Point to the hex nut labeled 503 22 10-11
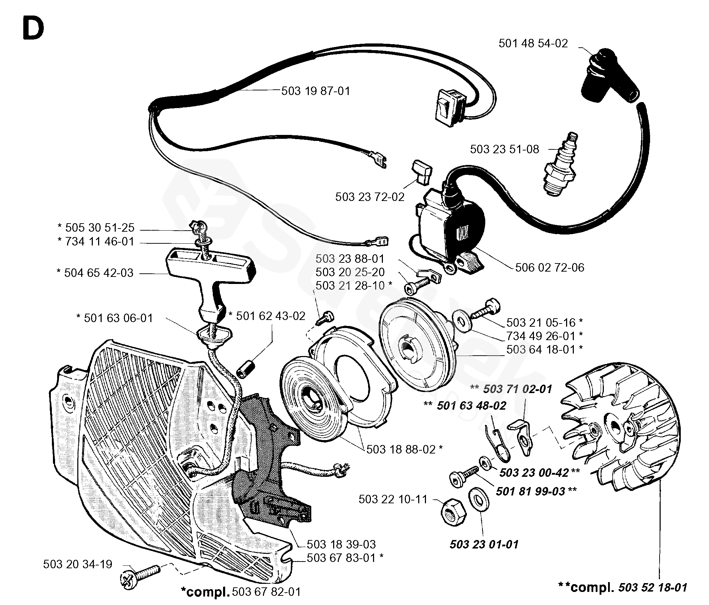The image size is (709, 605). [x=453, y=513]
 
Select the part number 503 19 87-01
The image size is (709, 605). [x=316, y=91]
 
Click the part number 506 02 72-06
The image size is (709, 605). [x=549, y=267]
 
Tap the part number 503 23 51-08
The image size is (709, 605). [x=504, y=149]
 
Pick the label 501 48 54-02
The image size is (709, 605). [x=533, y=43]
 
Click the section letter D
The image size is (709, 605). [x=33, y=29]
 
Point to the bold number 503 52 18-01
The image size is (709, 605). [x=653, y=587]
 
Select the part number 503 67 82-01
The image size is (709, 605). [x=266, y=592]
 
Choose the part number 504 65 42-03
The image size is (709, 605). [x=99, y=273]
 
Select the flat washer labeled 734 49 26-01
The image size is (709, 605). [x=462, y=323]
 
